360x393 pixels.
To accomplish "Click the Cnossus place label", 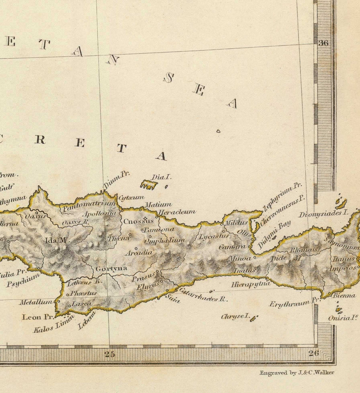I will (138, 221).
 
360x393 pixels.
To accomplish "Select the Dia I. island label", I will (161, 177).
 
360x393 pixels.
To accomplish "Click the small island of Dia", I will (149, 184).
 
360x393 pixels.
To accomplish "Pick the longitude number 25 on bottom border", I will (110, 353).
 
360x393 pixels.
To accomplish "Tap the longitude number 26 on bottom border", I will (314, 353).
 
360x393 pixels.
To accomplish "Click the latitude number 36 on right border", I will (323, 43).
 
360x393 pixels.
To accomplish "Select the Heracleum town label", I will (177, 212).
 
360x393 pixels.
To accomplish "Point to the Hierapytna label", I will (251, 285).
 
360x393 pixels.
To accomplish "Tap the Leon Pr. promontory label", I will (38, 317).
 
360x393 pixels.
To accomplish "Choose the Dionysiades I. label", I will (321, 214).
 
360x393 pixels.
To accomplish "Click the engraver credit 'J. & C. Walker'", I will (296, 373).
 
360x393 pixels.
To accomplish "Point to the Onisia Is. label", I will (343, 318).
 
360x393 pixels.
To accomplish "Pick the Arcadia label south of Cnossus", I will (138, 253).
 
